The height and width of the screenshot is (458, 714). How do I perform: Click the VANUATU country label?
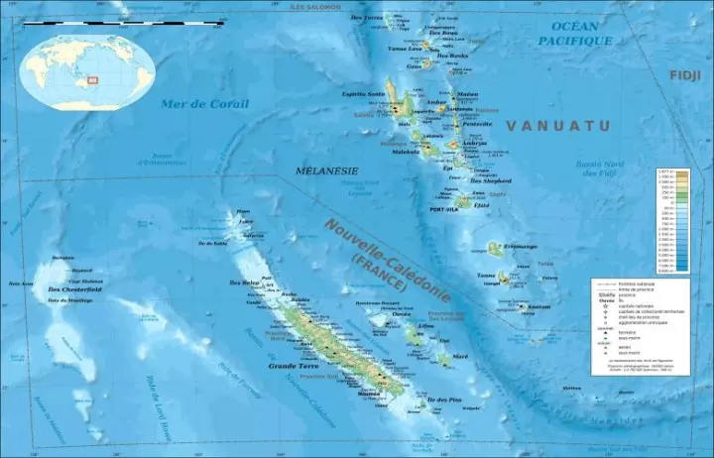[558, 126]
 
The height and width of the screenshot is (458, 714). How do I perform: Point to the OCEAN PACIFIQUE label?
[575, 33]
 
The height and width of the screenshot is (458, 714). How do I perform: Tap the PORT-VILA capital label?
[442, 210]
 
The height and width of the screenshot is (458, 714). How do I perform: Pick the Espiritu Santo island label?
[363, 94]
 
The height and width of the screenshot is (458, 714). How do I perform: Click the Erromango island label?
[520, 246]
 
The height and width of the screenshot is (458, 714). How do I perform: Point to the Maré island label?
[459, 355]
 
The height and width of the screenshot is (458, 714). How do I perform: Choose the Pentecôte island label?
[477, 125]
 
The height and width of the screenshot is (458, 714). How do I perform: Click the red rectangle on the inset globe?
[92, 81]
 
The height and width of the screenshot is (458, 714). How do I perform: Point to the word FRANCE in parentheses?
[379, 271]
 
